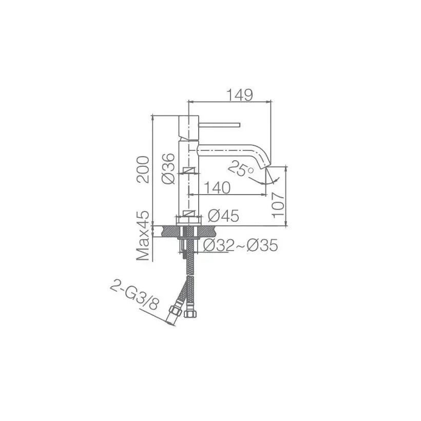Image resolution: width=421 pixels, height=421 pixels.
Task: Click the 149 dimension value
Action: tap(240, 95)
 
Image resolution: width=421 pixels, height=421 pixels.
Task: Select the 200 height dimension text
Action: tap(143, 169)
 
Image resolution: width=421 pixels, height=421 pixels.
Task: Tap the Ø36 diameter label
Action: tap(169, 168)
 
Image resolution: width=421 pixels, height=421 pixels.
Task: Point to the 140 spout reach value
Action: tap(218, 187)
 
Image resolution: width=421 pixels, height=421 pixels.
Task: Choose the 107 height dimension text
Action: tap(278, 205)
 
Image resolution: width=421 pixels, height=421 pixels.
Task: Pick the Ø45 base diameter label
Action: tap(223, 216)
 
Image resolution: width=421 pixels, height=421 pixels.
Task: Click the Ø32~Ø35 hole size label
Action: tap(240, 245)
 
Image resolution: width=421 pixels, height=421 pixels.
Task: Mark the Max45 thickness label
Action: tap(143, 236)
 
